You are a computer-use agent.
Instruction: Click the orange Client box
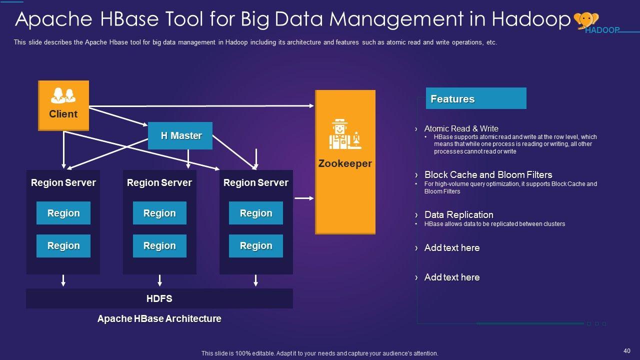[x=63, y=105]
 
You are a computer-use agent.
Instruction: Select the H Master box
[x=180, y=135]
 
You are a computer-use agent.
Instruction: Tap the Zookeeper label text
[x=345, y=163]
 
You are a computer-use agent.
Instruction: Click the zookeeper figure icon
[x=345, y=134]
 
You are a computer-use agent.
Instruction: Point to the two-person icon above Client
[x=63, y=95]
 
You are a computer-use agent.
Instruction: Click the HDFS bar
[x=159, y=298]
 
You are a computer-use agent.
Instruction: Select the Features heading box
[x=476, y=98]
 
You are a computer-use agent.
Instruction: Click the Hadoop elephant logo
[x=586, y=20]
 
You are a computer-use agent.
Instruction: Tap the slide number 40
[x=627, y=351]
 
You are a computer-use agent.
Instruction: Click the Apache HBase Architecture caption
[x=159, y=318]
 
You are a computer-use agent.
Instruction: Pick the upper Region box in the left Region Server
[x=63, y=213]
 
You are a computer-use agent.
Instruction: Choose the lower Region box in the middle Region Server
[x=159, y=246]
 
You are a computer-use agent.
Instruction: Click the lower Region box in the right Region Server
[x=256, y=246]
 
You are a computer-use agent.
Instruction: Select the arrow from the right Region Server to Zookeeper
[x=304, y=198]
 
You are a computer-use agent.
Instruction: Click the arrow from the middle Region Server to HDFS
[x=159, y=280]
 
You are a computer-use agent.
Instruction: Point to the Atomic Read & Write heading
[x=461, y=128]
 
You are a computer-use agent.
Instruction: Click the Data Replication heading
[x=459, y=214]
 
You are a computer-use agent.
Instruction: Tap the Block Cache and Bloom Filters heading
[x=488, y=174]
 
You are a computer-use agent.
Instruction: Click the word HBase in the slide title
[x=129, y=19]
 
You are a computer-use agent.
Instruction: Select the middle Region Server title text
[x=159, y=182]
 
